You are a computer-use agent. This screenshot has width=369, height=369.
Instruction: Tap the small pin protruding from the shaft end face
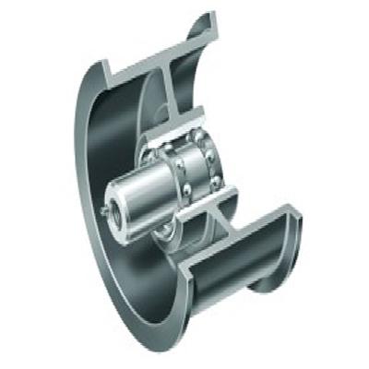pos(102,211)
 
